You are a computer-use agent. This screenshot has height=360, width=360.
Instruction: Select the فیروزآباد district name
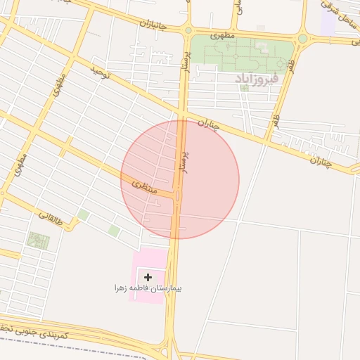(257, 77)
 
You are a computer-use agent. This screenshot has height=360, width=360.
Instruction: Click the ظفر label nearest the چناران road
(277, 120)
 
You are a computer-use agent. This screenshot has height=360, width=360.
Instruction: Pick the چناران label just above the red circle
(207, 127)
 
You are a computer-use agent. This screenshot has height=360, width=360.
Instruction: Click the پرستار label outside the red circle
(186, 70)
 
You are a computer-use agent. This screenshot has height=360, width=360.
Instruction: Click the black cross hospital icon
(148, 278)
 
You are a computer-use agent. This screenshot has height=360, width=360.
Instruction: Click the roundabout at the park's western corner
(188, 30)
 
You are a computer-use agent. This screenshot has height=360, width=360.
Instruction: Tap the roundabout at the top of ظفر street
(302, 39)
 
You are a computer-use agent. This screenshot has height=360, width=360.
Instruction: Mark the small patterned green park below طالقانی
(38, 241)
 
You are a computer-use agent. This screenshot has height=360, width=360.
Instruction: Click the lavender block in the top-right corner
(328, 21)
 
